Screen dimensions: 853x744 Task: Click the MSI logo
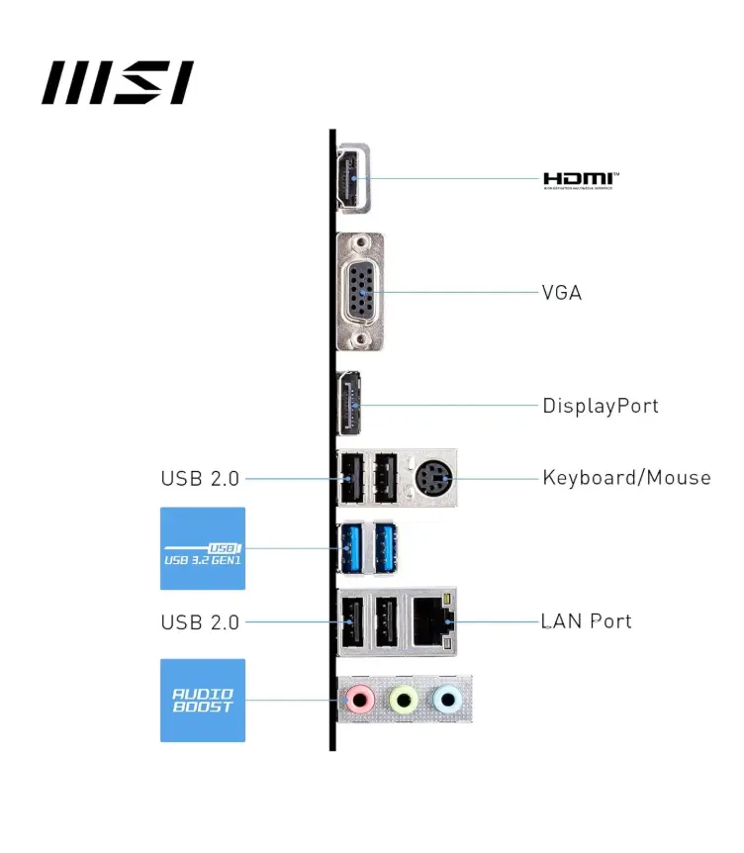coord(117,82)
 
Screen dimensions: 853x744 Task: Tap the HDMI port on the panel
coord(352,178)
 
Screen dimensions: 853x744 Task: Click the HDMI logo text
coord(581,179)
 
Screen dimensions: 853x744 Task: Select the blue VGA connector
coord(362,292)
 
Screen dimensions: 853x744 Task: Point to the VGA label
coord(561,293)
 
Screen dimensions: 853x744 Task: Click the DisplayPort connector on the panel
coord(349,405)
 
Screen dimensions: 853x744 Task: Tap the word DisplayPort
coord(600,406)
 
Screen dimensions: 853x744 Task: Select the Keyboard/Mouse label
coord(626,478)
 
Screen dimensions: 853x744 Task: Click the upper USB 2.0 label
coord(200,479)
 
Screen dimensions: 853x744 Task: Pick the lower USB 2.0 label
coord(200,622)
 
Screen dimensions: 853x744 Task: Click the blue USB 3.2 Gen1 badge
coord(202,548)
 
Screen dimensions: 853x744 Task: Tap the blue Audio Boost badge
coord(202,701)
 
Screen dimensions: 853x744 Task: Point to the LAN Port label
coord(586,621)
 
